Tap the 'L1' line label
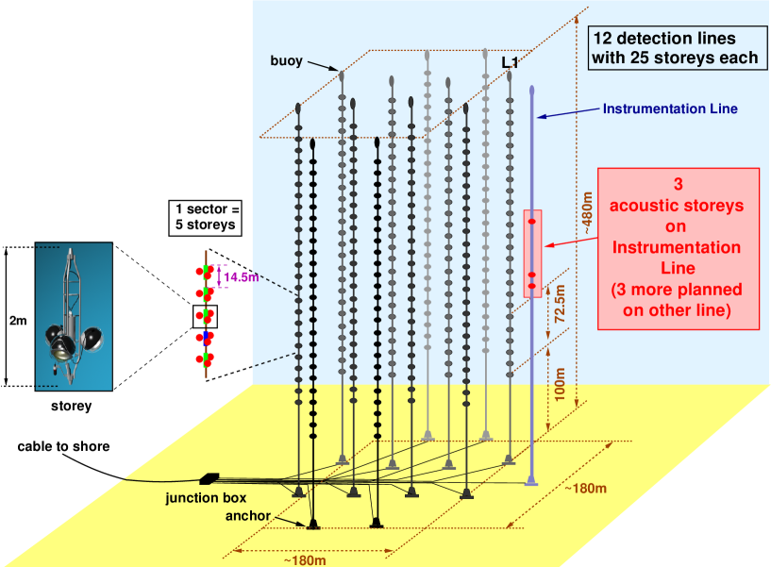coord(510,62)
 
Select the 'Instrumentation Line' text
coord(670,108)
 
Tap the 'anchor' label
coord(248,516)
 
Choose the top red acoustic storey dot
coord(531,221)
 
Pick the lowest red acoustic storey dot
coord(531,285)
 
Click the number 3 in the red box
coord(677,185)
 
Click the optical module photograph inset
coord(74,316)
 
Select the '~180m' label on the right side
coord(585,488)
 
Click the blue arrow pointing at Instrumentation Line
coord(566,113)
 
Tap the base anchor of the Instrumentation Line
coord(532,481)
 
